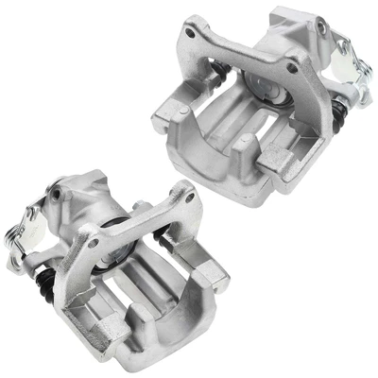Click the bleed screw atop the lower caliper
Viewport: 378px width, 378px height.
tap(59, 194)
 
